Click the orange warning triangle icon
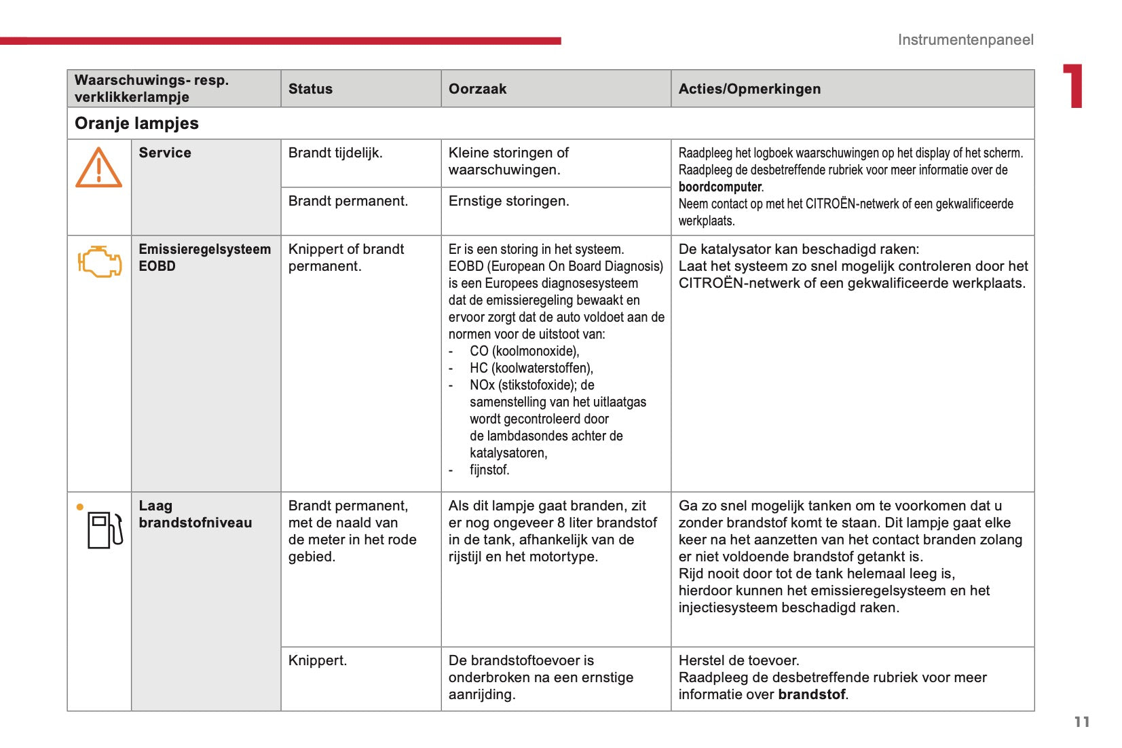pos(98,168)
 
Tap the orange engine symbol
pos(100,261)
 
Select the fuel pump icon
pos(105,530)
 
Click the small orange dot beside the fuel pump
pos(80,506)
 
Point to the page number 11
pos(1082,722)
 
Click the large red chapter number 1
pos(1073,86)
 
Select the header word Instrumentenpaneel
pos(965,39)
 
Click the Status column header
pos(310,89)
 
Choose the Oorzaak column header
pos(477,89)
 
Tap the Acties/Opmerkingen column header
pos(749,89)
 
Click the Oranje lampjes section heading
pos(136,124)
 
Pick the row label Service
pos(165,153)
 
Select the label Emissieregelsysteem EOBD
pos(204,257)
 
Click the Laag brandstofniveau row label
pos(195,514)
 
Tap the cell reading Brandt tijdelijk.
pos(335,153)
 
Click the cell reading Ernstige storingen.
pos(508,201)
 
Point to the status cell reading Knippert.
pos(317,660)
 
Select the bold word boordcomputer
pos(720,187)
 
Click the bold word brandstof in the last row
pos(812,694)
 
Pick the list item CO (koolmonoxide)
pos(524,351)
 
